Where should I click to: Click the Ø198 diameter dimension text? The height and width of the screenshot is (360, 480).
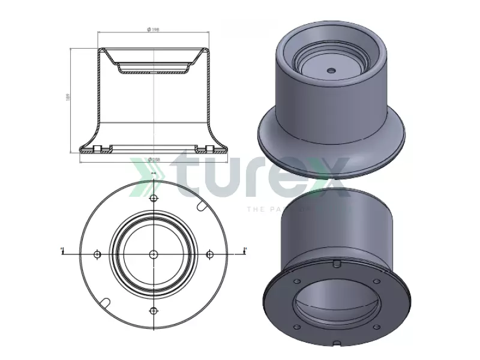click(x=154, y=29)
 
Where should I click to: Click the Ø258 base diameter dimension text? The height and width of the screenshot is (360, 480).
click(x=154, y=160)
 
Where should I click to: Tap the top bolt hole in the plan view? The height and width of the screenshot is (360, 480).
click(x=154, y=199)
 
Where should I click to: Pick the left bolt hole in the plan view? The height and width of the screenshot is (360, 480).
click(x=97, y=254)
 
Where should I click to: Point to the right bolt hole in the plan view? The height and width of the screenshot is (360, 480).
click(x=209, y=254)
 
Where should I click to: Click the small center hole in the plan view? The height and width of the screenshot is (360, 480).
click(x=154, y=254)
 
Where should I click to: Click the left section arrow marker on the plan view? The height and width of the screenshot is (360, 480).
click(x=62, y=250)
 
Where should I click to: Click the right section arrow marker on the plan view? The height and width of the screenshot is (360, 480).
click(x=244, y=250)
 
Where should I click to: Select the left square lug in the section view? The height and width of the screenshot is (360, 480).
click(x=97, y=148)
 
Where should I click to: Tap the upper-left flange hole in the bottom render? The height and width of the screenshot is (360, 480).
click(x=297, y=281)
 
